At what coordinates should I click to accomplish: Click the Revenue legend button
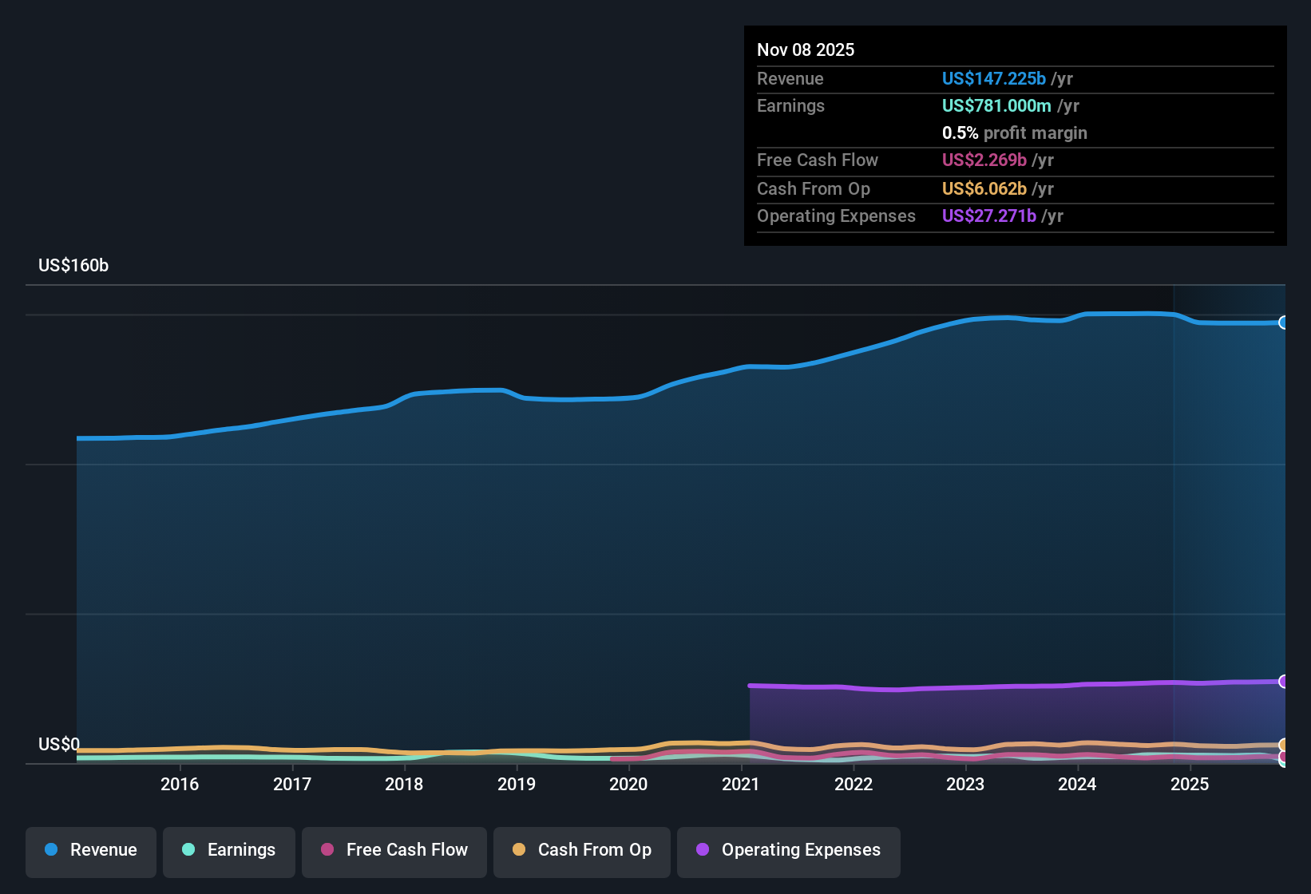point(91,850)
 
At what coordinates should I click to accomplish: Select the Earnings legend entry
point(229,850)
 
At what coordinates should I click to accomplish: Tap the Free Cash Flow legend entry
point(394,850)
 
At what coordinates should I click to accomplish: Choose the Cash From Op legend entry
point(582,850)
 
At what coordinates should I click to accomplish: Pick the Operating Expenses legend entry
point(789,850)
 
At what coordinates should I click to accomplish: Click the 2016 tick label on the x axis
point(180,784)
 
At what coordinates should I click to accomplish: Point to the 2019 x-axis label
point(517,784)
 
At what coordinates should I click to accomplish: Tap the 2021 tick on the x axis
point(741,784)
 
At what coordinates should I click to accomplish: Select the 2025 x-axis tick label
point(1190,784)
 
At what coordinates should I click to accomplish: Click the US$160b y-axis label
point(73,266)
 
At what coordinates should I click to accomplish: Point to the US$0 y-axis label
point(59,745)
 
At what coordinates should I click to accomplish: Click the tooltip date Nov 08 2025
point(806,49)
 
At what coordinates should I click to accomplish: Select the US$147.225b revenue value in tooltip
point(993,78)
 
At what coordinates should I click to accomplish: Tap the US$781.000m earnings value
point(996,105)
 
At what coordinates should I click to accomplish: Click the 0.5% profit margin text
point(1014,133)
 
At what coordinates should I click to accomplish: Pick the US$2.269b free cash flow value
point(984,160)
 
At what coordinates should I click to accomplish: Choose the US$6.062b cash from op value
point(984,188)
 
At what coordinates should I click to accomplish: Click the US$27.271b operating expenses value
point(988,216)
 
